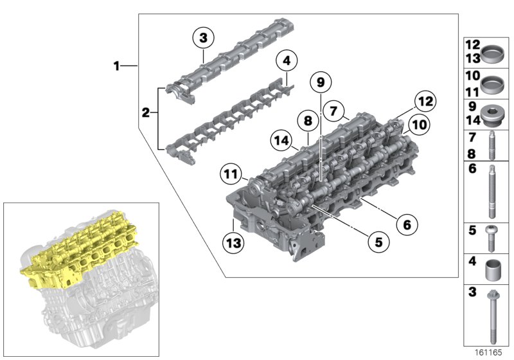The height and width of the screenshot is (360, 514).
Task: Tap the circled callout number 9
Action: pyautogui.click(x=320, y=82)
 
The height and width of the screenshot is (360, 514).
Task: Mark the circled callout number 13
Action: pyautogui.click(x=233, y=243)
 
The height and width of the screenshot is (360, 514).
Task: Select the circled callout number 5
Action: pyautogui.click(x=378, y=242)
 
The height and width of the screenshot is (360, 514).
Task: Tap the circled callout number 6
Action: pyautogui.click(x=407, y=225)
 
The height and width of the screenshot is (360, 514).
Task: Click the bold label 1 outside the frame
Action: pyautogui.click(x=116, y=66)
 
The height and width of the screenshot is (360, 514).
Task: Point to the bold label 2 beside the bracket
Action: pyautogui.click(x=146, y=114)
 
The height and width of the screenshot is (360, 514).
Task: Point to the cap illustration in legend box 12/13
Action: pyautogui.click(x=492, y=52)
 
